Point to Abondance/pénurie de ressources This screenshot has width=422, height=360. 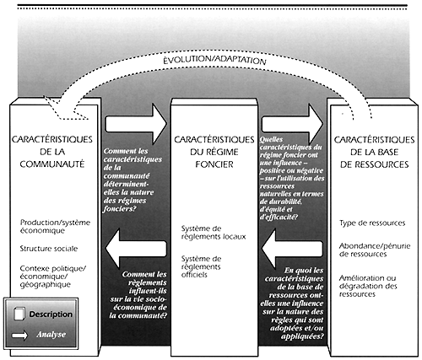(x=371, y=249)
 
